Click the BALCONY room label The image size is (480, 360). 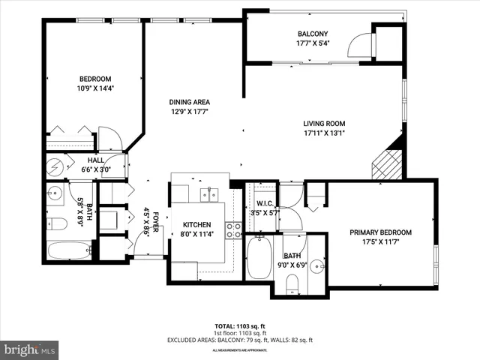pos(312,34)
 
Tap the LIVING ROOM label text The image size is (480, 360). pos(323,124)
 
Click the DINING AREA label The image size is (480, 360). pos(189,103)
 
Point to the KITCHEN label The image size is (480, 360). pos(196,225)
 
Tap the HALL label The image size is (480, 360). pos(95,160)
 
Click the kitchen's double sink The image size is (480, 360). pos(208,194)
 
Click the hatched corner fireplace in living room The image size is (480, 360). pos(388,163)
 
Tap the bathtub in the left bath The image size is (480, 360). pos(69,250)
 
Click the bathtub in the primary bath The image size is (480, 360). pos(259,258)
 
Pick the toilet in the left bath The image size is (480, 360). pos(58,223)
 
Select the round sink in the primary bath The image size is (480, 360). pos(317,265)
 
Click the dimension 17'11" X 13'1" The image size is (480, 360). pos(323,134)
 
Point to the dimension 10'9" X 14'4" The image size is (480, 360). pos(95,88)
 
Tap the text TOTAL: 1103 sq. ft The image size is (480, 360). pos(240,327)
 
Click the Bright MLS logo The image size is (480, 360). pos(30,349)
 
